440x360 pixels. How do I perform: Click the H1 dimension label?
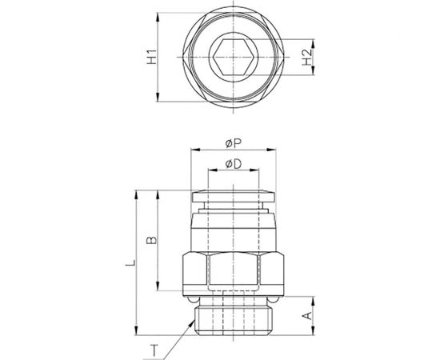[x=150, y=57]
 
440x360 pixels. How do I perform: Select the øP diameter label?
[x=234, y=143]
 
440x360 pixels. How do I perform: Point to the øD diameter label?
[x=234, y=164]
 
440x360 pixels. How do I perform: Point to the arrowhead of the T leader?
[x=192, y=318]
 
